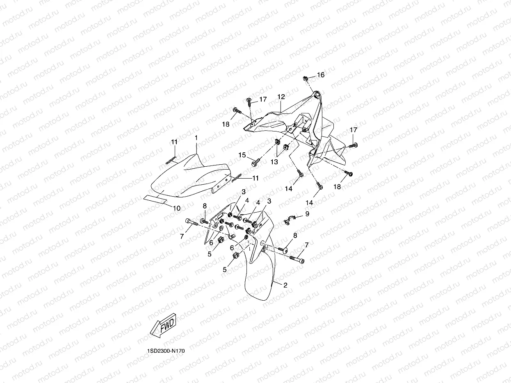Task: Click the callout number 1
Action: [196, 138]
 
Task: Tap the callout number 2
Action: [285, 285]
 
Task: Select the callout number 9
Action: [307, 213]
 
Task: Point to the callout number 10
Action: [176, 208]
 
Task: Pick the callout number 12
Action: [281, 97]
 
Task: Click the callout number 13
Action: [274, 162]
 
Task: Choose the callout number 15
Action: [242, 155]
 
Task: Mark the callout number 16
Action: [320, 75]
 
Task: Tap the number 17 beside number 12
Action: [262, 99]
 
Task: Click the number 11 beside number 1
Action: [174, 142]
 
